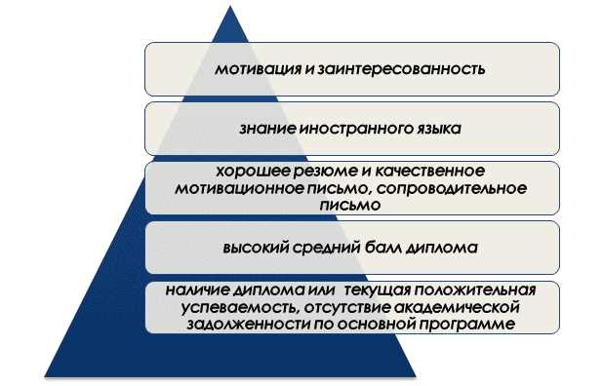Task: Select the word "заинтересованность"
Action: click(x=394, y=69)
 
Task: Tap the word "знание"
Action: click(x=262, y=128)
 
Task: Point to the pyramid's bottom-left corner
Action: click(x=44, y=375)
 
